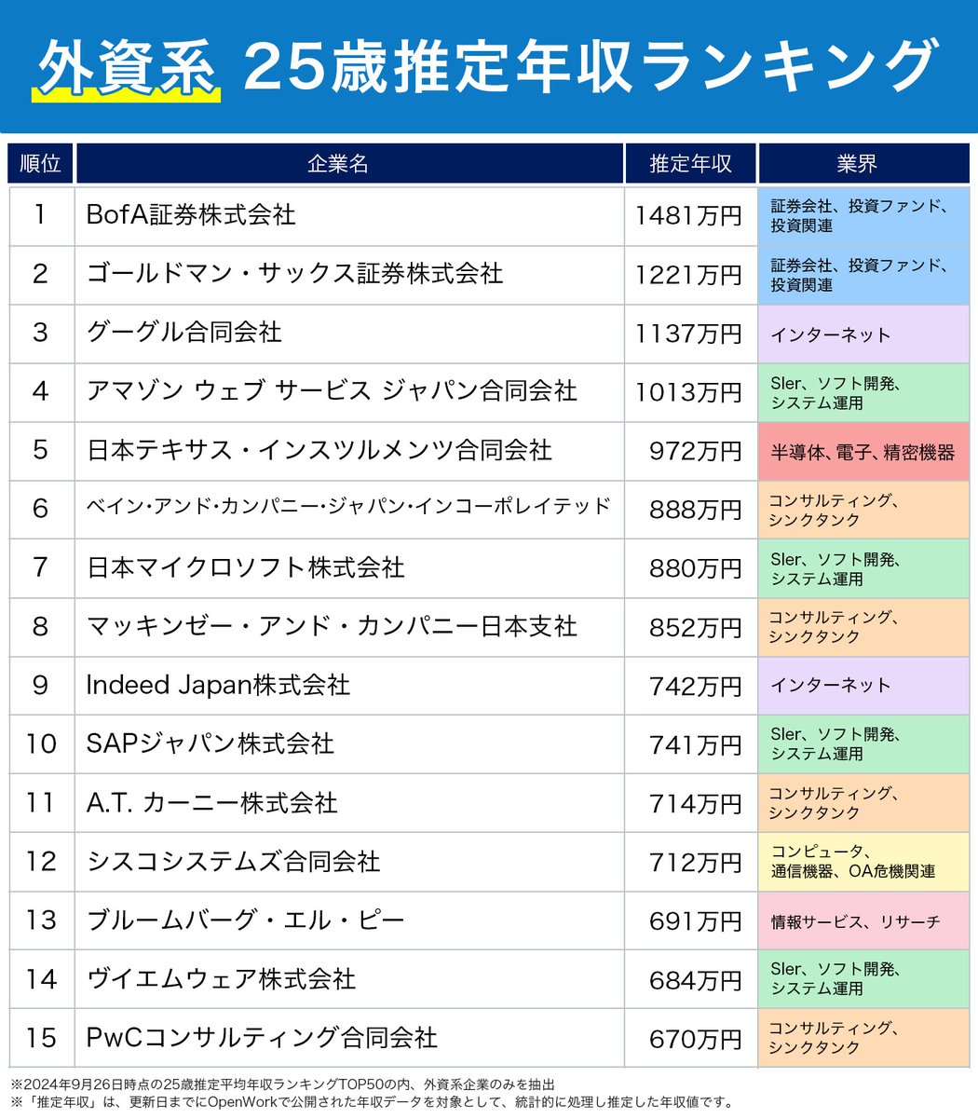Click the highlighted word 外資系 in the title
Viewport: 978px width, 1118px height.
[127, 68]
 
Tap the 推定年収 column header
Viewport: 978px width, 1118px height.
[690, 164]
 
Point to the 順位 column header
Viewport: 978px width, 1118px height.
[40, 164]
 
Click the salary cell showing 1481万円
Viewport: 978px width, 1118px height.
[688, 216]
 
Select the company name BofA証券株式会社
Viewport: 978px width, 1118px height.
[191, 215]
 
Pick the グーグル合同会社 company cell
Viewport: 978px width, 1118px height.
[184, 333]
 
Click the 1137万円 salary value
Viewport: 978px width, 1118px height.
[688, 334]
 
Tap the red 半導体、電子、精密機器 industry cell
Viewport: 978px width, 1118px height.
[863, 452]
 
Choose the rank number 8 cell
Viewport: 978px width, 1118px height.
[40, 627]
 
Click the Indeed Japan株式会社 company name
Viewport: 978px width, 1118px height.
[218, 686]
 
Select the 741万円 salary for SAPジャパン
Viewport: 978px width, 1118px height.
[695, 745]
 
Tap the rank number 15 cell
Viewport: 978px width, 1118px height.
[41, 1038]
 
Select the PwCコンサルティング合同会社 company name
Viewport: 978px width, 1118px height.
[262, 1038]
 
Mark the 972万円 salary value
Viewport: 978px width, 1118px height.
[695, 452]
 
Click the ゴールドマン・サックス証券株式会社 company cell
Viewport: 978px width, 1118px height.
[294, 274]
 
